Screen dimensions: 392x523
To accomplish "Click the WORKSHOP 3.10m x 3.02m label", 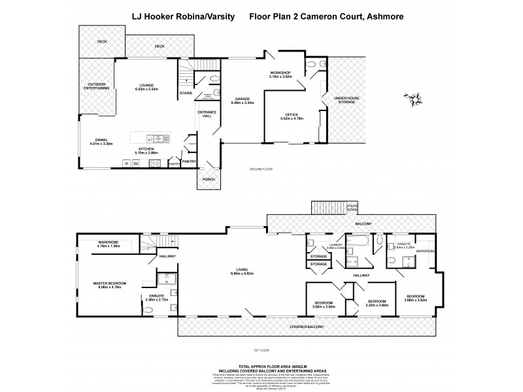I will coord(284,74).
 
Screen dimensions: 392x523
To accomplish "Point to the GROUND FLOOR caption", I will coord(260,169).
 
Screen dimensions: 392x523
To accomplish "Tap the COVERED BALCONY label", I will coord(307,325).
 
